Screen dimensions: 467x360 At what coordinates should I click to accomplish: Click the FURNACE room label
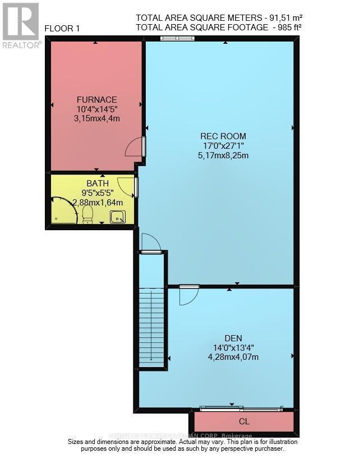click(x=96, y=99)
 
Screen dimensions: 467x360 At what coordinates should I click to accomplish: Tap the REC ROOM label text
click(x=223, y=136)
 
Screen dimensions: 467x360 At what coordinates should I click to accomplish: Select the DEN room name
click(x=233, y=338)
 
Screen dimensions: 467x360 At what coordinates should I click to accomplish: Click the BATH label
click(x=97, y=183)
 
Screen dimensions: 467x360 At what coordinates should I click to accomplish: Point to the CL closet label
click(x=243, y=421)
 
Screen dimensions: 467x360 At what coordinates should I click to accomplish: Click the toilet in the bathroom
click(x=87, y=214)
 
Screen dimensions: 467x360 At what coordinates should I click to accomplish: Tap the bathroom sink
click(x=117, y=216)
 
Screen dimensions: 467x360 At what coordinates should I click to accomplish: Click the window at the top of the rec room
click(x=177, y=39)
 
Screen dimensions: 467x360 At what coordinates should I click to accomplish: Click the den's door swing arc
click(x=188, y=296)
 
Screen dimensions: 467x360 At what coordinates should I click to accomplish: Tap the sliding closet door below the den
click(x=242, y=408)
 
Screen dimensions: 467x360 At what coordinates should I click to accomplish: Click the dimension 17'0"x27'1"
click(x=223, y=146)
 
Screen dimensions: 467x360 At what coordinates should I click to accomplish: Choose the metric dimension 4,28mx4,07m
click(x=233, y=357)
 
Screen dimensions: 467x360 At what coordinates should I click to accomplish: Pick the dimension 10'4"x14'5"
click(x=96, y=109)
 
